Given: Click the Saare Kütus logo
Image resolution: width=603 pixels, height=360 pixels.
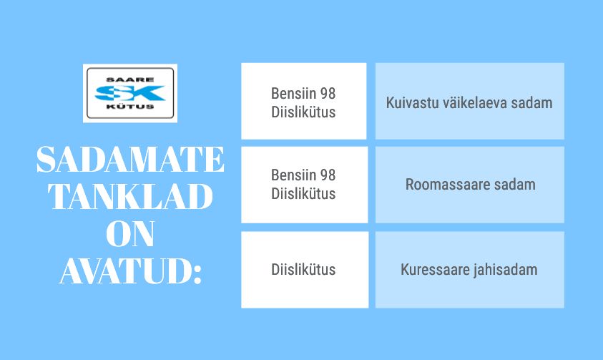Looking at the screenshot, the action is [130, 93].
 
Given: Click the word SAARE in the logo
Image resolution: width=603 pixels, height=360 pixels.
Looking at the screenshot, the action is [130, 79].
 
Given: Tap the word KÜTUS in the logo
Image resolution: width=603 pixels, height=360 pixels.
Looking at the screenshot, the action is [130, 107].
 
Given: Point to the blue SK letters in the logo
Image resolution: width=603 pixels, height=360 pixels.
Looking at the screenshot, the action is [130, 93].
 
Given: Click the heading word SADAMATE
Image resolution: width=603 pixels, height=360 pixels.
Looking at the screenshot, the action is [130, 159].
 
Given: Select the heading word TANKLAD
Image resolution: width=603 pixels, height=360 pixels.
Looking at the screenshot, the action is [130, 197].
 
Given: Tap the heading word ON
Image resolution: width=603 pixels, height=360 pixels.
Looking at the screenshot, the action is [130, 233].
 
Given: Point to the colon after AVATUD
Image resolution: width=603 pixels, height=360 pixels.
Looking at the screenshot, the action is [197, 275].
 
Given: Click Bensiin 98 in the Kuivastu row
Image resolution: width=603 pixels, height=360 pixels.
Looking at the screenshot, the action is [303, 94].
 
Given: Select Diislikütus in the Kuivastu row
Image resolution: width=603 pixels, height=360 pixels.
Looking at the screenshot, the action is [303, 112].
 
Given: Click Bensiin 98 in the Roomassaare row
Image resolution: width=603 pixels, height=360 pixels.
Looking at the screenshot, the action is [303, 175].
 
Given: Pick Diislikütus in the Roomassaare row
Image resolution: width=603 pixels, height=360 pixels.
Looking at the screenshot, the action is [303, 193].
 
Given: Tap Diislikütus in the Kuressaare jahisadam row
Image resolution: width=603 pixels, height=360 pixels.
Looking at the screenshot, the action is [303, 269].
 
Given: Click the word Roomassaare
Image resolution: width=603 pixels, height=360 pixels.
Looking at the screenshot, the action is [448, 185].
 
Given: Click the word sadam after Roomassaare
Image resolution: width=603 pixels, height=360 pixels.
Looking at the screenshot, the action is [514, 185].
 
